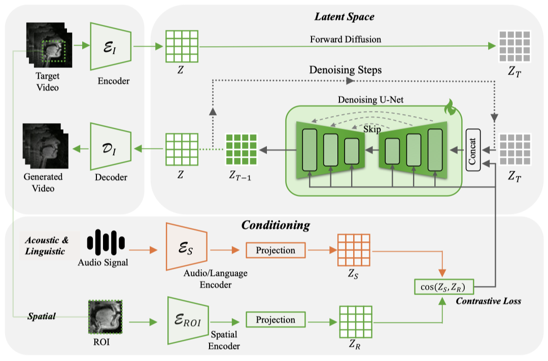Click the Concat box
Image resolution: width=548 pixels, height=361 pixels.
pos(473,150)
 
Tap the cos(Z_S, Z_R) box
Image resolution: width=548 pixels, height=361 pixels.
pos(443,287)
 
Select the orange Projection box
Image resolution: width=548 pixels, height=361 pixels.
pos(276,250)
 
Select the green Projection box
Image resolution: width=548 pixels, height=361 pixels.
pos(276,320)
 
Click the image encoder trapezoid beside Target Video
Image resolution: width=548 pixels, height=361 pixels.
pos(110,46)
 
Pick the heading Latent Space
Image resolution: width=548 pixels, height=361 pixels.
pos(345,17)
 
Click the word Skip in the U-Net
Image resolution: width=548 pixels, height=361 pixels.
pos(372,130)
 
